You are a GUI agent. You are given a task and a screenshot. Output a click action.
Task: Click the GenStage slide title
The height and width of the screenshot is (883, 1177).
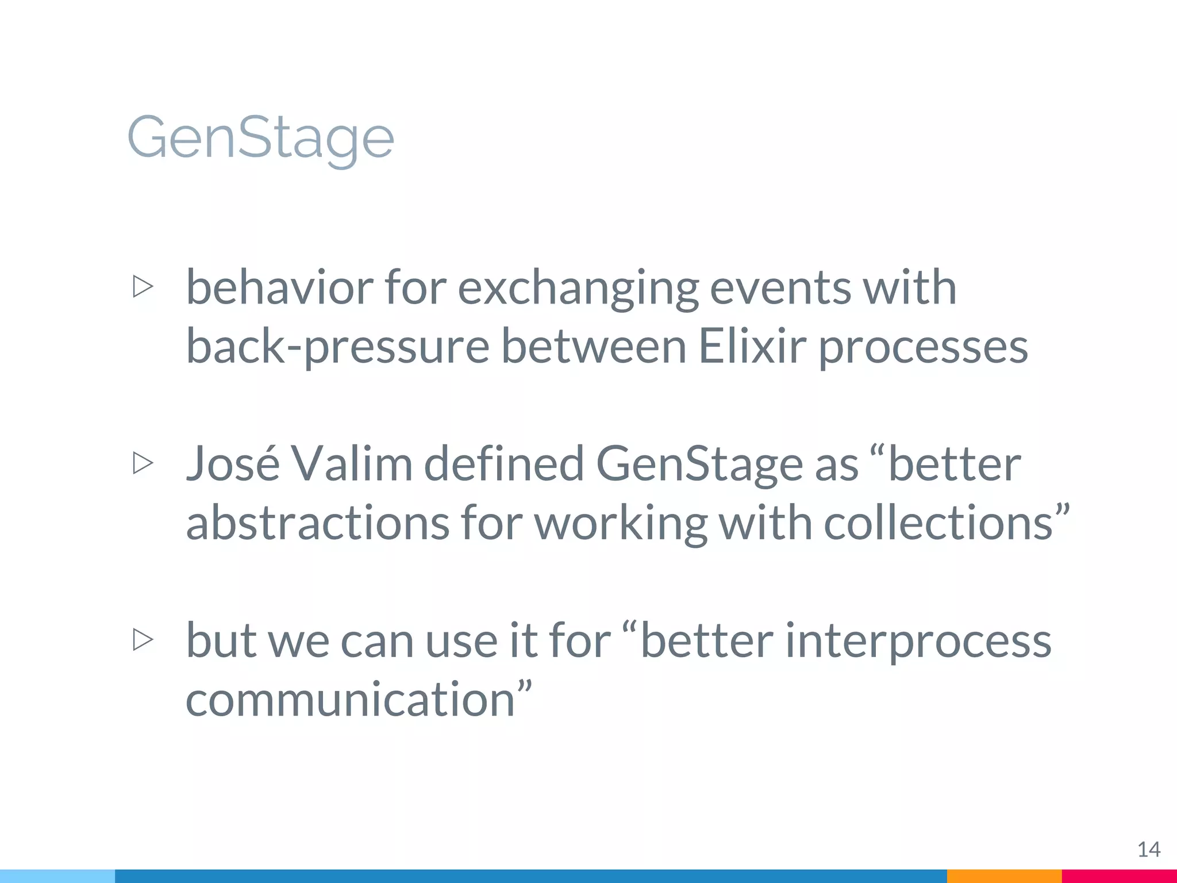pyautogui.click(x=260, y=138)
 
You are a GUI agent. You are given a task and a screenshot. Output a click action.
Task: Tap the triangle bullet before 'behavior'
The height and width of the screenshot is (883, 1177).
pyautogui.click(x=143, y=286)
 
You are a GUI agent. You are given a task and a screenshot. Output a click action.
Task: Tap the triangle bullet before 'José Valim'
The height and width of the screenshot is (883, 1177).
pyautogui.click(x=143, y=463)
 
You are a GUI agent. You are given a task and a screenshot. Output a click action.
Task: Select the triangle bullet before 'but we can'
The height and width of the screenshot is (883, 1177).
pyautogui.click(x=143, y=639)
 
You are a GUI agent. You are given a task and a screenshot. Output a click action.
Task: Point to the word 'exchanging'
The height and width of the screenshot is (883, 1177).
pyautogui.click(x=578, y=289)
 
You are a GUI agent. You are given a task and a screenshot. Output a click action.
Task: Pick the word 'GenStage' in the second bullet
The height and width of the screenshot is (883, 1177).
pyautogui.click(x=698, y=465)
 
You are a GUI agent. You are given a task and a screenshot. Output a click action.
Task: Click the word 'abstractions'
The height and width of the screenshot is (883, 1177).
pyautogui.click(x=317, y=523)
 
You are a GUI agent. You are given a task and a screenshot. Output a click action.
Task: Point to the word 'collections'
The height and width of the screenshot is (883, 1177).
pyautogui.click(x=938, y=523)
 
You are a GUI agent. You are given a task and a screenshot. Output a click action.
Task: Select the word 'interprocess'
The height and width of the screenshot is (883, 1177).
pyautogui.click(x=918, y=642)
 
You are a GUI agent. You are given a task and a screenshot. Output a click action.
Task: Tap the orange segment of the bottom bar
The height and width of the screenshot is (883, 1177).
pyautogui.click(x=1004, y=876)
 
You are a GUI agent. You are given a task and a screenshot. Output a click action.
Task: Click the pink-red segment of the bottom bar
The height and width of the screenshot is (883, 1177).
pyautogui.click(x=1119, y=876)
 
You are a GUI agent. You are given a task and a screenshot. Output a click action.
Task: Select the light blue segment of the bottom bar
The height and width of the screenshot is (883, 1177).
pyautogui.click(x=57, y=876)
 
